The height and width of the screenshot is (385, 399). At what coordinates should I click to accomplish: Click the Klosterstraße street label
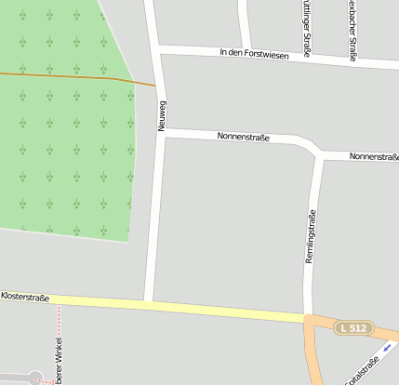tap(25, 297)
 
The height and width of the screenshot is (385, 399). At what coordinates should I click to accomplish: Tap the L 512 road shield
tap(354, 328)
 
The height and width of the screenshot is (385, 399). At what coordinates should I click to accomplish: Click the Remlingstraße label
tap(311, 236)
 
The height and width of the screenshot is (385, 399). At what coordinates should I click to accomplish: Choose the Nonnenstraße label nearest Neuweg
tap(243, 138)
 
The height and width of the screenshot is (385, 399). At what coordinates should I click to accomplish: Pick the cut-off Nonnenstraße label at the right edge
tap(374, 156)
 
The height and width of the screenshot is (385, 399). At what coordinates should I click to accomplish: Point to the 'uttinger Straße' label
tap(306, 23)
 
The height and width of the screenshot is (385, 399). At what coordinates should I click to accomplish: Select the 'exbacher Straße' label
tap(352, 28)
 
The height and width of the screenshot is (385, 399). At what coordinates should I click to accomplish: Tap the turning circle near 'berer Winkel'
tap(34, 377)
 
